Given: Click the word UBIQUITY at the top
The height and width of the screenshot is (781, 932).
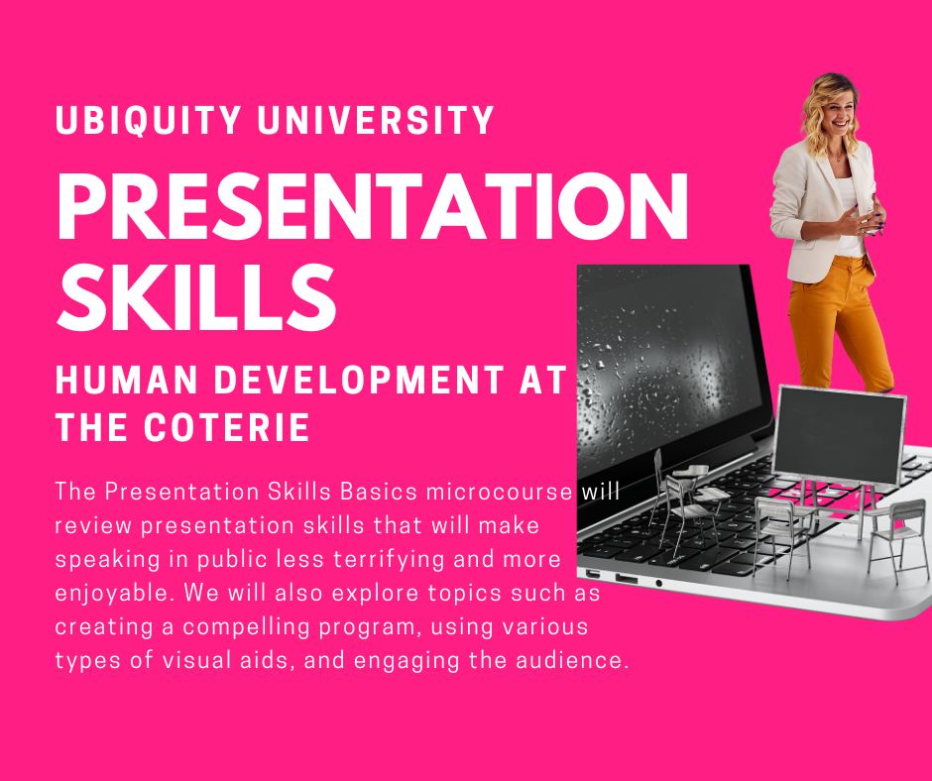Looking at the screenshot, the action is click(x=148, y=120).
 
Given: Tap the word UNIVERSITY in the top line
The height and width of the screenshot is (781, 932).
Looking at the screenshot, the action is click(x=376, y=120).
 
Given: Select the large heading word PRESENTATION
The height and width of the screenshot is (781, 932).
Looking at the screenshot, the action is click(x=372, y=205).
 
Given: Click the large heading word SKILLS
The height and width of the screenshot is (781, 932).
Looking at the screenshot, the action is click(x=196, y=296).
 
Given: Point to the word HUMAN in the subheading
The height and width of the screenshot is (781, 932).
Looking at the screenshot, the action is click(x=126, y=380).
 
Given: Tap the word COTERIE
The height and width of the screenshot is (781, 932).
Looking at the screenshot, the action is click(x=227, y=426).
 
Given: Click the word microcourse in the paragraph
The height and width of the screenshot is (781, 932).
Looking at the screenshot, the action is click(x=500, y=492).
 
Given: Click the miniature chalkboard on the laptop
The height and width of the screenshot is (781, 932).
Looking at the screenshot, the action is click(x=839, y=435).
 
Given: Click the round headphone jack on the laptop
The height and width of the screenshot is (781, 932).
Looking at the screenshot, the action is click(x=658, y=583).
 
